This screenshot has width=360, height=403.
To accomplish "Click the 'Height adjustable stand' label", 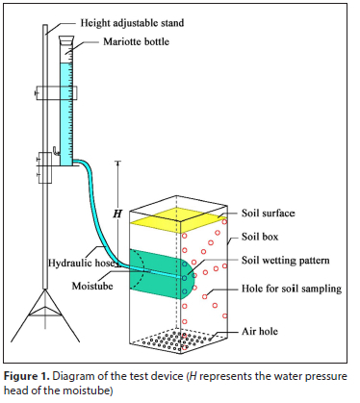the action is coord(132,23).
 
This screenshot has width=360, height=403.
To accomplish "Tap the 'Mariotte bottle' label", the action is coord(136,41).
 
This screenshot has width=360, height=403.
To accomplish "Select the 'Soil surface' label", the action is coord(268,214).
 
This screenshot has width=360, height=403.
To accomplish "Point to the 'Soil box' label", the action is coord(260,237).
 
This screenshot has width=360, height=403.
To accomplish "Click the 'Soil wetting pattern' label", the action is coord(286,260).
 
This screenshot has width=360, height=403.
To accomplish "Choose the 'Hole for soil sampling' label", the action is coord(292,289).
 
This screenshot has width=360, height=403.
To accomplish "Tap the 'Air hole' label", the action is coord(260,331).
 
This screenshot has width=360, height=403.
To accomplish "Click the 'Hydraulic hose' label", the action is coord(82,263).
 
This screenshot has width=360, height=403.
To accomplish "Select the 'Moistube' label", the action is coord(92,286).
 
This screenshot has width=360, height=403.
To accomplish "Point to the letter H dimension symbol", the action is coord(117,214).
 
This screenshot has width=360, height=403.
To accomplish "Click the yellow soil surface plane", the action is coord(178,220).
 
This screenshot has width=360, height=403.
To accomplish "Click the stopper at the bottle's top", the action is coord(66,40).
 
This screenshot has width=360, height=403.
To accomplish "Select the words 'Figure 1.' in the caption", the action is coord(27,376).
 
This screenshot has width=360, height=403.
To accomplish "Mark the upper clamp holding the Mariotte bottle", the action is coord(57,92).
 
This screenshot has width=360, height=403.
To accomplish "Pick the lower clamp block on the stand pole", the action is coord(45,167).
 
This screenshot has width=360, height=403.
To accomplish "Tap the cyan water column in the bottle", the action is coord(66,114).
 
